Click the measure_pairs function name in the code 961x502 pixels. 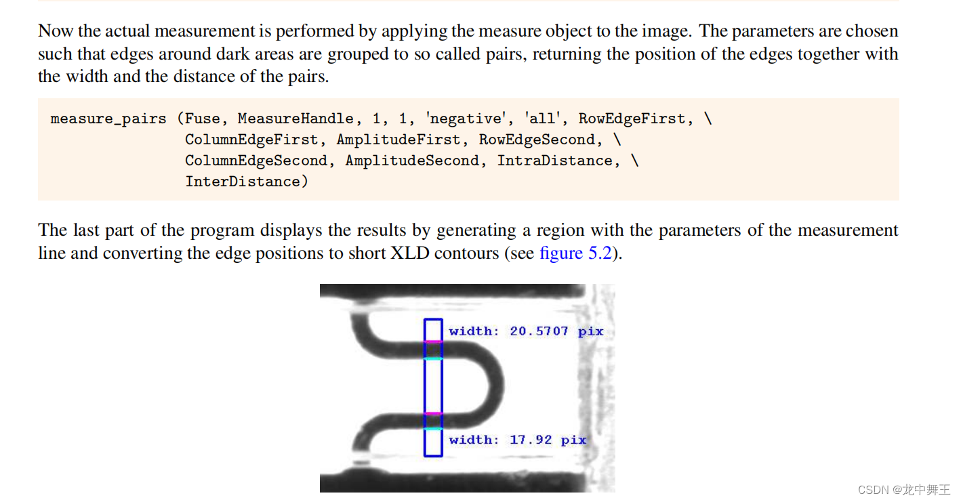pos(108,119)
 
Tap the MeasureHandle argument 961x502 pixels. pos(295,119)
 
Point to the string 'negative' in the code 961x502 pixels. pos(466,119)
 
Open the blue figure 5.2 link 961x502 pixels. pos(576,253)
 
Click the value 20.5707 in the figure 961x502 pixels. pos(539,331)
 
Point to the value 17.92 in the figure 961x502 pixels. pos(531,440)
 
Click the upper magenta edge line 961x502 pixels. pos(433,342)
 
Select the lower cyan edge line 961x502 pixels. pos(433,429)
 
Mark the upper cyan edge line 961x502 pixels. pos(433,358)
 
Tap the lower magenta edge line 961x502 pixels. pos(433,413)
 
